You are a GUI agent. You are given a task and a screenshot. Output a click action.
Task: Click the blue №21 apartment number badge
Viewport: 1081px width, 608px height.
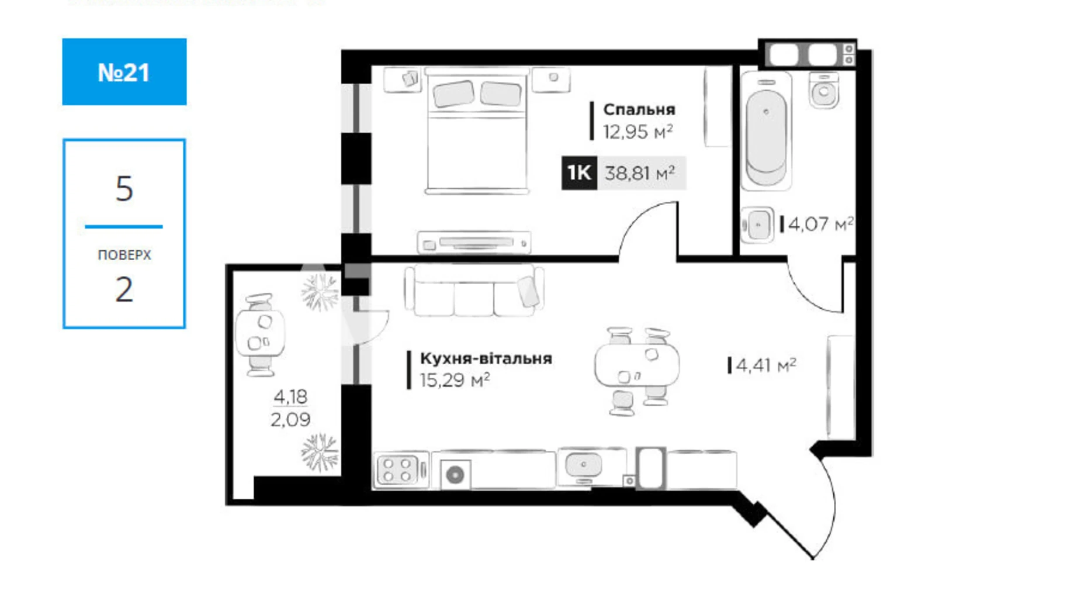(x=124, y=72)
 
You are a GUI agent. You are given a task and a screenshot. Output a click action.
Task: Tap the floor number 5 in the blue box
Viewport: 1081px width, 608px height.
(x=124, y=189)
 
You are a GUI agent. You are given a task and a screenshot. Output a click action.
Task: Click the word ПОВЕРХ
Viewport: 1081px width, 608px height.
(x=124, y=255)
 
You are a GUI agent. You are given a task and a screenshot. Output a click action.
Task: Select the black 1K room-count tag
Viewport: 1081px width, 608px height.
(x=578, y=173)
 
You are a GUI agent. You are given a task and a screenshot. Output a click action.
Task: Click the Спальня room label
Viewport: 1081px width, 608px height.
(x=639, y=109)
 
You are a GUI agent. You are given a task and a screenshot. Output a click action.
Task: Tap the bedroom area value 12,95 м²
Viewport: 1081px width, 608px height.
(x=637, y=132)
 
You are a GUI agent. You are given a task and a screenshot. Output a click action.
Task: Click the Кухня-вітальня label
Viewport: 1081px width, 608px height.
(x=486, y=358)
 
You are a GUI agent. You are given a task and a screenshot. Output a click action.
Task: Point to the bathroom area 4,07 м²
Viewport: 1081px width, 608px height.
(x=820, y=224)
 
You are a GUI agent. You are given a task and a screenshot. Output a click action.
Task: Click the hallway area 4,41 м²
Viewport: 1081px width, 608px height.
(x=765, y=365)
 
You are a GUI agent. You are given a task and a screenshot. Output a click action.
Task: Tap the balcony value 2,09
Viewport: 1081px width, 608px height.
(x=290, y=419)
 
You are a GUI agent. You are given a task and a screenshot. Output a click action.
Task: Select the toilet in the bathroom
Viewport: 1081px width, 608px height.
(x=824, y=91)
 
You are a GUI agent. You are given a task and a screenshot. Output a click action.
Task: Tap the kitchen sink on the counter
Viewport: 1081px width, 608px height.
(x=583, y=466)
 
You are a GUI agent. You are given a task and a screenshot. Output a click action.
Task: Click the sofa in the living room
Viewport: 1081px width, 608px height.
(x=473, y=291)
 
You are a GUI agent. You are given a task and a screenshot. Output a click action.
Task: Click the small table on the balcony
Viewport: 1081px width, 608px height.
(x=259, y=333)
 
